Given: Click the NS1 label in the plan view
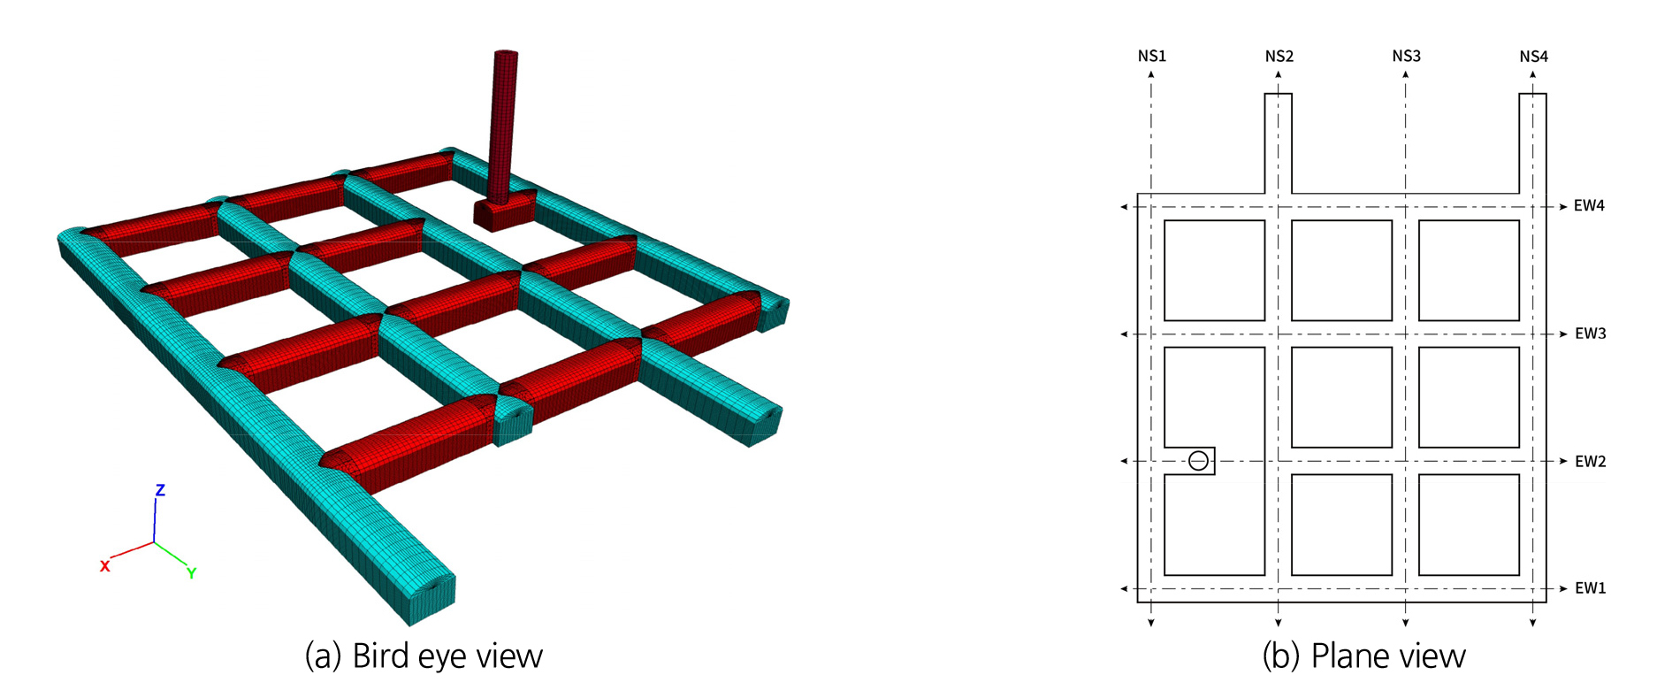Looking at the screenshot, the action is [x=1151, y=56].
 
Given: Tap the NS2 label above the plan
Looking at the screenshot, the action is [x=1279, y=56].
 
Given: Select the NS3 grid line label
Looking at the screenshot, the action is [x=1406, y=56].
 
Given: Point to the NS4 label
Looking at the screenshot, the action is [x=1533, y=56].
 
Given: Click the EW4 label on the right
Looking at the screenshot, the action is [x=1589, y=206].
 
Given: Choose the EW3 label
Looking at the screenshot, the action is [x=1590, y=334].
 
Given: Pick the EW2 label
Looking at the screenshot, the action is [x=1590, y=461].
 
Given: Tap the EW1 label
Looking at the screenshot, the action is [x=1590, y=588].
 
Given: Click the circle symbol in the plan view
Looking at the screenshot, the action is [x=1198, y=461].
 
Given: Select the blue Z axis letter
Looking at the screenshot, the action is [x=160, y=490].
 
